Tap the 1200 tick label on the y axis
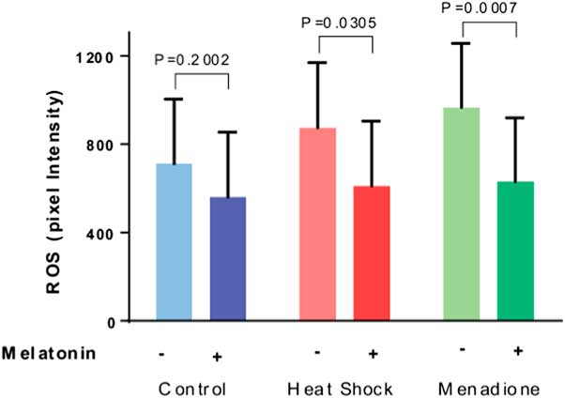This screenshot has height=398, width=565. (97, 56)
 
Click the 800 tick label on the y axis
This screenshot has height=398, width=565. (101, 145)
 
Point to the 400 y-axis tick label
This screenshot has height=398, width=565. (101, 233)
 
